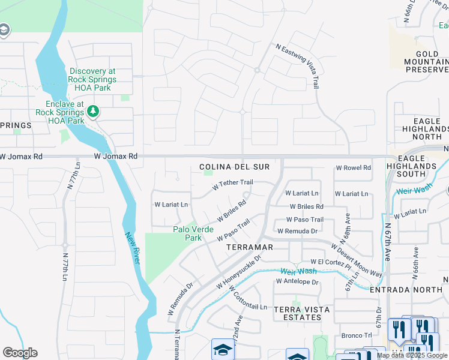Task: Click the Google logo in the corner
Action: tap(20, 353)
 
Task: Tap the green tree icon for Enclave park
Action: tap(92, 111)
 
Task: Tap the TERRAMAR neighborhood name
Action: tap(250, 247)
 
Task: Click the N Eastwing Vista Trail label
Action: tap(297, 66)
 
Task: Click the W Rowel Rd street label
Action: tap(353, 168)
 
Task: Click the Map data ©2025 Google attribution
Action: tap(412, 355)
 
